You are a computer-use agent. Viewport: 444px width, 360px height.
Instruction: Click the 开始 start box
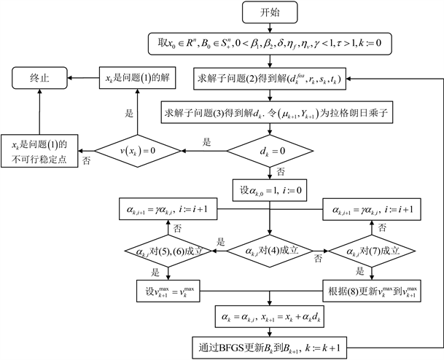270,12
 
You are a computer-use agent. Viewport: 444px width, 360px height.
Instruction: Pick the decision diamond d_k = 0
270,151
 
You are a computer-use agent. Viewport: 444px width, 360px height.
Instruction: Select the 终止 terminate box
39,75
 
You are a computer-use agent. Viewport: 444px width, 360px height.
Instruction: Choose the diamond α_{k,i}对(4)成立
270,252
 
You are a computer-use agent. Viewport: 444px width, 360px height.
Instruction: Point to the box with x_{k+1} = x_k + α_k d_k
270,317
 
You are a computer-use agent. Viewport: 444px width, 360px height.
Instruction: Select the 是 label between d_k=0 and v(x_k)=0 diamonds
206,144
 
